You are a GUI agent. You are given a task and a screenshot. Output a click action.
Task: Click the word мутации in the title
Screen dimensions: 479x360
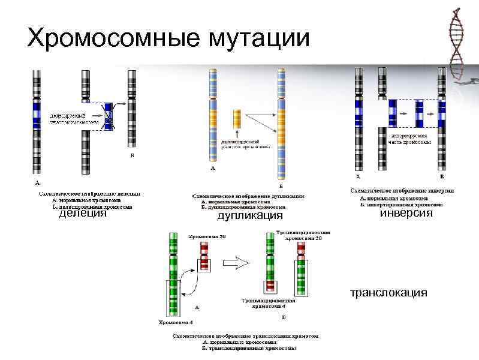(259, 38)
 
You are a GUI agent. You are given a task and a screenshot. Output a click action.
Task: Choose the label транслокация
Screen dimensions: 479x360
(389, 293)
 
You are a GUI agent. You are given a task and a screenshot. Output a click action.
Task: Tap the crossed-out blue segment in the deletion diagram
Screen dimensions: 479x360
(109, 115)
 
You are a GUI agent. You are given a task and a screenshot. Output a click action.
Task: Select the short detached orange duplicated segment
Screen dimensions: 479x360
(237, 117)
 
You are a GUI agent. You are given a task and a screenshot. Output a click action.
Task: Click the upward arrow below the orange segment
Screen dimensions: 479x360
(237, 132)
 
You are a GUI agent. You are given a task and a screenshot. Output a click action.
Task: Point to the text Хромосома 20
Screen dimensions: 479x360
(207, 237)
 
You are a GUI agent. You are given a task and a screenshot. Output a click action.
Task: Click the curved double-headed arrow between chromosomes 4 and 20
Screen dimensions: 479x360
(191, 283)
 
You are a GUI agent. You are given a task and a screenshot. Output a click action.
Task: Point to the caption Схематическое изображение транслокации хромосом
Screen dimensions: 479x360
(245, 337)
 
